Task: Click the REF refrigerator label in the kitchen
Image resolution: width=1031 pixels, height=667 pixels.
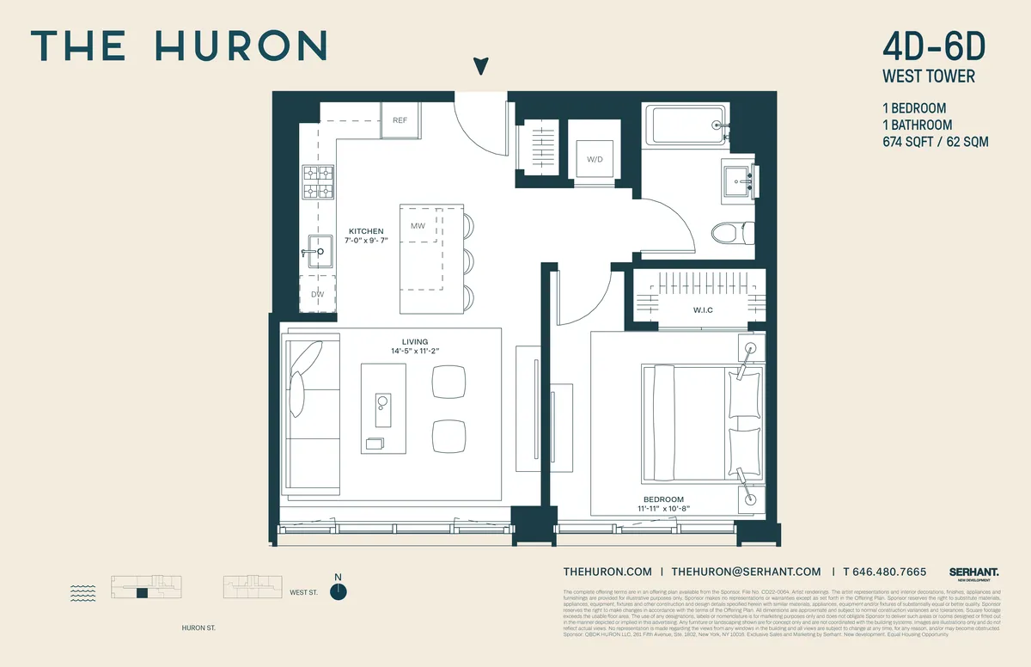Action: (x=400, y=120)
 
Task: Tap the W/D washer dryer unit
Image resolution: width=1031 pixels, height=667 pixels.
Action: (x=595, y=159)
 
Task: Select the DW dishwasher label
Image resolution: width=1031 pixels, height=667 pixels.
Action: (x=317, y=294)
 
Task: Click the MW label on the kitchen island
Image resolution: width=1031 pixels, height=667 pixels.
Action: (x=418, y=226)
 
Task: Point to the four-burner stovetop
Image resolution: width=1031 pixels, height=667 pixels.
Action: (x=317, y=181)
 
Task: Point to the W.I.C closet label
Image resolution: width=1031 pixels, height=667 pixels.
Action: (x=704, y=309)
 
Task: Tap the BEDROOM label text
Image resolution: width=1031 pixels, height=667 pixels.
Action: (x=664, y=499)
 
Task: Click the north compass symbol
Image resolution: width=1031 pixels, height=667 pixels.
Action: (x=339, y=591)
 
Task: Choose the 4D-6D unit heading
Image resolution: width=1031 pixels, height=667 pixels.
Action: (x=930, y=45)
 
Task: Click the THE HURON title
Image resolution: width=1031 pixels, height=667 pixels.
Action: (x=179, y=46)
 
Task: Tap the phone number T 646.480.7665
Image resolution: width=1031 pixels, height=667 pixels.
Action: (x=884, y=572)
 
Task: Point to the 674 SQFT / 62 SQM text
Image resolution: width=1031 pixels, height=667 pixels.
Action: (x=935, y=141)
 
